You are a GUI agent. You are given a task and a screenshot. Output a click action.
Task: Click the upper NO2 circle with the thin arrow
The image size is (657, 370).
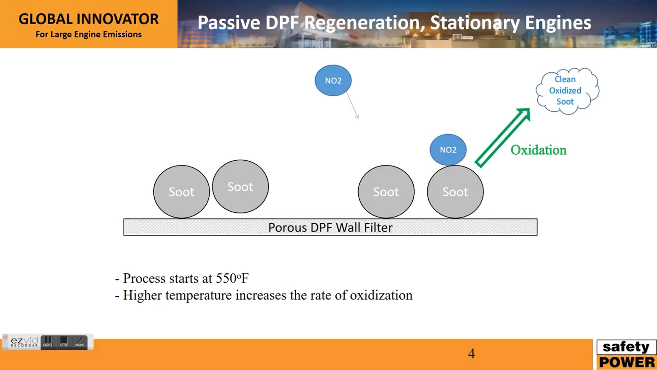point(333,81)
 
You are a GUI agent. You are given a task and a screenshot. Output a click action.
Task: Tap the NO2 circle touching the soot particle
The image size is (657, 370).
point(448,150)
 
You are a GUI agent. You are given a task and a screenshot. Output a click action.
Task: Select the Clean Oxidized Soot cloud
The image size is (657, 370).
point(567,91)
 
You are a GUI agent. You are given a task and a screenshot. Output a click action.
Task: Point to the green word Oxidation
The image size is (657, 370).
point(538,150)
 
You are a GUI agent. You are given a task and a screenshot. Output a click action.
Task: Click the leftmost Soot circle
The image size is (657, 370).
point(181,192)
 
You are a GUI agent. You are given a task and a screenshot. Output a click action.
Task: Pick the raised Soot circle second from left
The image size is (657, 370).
point(240,186)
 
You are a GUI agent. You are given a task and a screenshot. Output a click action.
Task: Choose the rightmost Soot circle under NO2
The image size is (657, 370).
point(455,192)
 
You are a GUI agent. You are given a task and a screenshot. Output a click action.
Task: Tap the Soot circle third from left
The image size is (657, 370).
point(386,192)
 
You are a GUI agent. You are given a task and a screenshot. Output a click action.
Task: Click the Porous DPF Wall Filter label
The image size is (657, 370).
point(330,227)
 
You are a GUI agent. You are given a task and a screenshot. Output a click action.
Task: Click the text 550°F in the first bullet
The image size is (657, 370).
point(232,278)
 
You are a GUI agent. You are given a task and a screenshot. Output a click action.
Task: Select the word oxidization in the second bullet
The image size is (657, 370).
point(381,295)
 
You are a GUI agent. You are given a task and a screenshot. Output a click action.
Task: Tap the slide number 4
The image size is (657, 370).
point(472,354)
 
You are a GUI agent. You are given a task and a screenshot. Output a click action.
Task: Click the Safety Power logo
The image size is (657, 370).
point(627,355)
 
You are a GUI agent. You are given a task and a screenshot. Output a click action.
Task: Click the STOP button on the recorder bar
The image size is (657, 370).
point(64,342)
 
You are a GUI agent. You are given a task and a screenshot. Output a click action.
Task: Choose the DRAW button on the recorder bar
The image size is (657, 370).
point(79,342)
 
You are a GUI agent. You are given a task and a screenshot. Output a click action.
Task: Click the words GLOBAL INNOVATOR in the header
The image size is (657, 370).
point(89,19)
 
